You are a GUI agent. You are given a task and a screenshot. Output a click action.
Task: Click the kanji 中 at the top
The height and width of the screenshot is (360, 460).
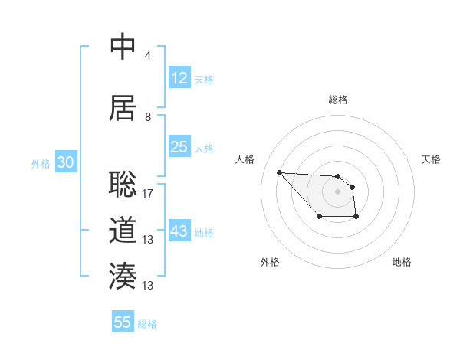[123, 47]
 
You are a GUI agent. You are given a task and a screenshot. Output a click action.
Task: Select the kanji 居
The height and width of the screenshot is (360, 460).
[123, 107]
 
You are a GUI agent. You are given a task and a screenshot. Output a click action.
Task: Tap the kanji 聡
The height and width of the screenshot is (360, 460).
[123, 184]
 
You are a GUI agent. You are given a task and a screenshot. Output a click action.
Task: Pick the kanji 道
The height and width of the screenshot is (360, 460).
[123, 231]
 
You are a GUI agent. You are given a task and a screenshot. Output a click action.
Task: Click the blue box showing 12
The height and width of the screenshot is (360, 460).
[179, 78]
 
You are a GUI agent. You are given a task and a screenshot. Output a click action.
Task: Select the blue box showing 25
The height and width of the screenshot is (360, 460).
[179, 147]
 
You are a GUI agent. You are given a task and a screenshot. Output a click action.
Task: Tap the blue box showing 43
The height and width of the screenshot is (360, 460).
[179, 231]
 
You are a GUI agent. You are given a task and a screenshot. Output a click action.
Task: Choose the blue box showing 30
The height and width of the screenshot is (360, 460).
[65, 162]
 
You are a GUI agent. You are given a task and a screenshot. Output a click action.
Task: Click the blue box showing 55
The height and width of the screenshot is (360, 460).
[123, 322]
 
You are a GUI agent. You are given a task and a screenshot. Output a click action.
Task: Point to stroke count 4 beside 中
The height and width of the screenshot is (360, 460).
[147, 56]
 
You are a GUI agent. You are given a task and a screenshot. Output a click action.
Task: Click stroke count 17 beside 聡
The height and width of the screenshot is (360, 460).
[148, 193]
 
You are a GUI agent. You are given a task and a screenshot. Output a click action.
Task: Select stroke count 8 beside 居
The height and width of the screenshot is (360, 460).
[147, 117]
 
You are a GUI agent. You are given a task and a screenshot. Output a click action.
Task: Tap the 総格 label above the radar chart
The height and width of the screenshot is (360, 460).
[338, 100]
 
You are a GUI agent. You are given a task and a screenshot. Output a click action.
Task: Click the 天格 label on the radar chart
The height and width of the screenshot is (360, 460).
[432, 159]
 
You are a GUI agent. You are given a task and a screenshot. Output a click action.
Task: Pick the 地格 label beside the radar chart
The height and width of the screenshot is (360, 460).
[402, 262]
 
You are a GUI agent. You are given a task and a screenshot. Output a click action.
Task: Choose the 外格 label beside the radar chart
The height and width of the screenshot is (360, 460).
[270, 262]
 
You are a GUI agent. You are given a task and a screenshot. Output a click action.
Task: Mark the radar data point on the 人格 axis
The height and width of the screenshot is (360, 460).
[279, 172]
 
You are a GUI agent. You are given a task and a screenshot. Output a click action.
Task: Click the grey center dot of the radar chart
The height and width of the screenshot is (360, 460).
[338, 191]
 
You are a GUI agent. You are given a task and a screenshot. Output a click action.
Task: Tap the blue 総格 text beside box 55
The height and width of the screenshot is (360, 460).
[148, 324]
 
